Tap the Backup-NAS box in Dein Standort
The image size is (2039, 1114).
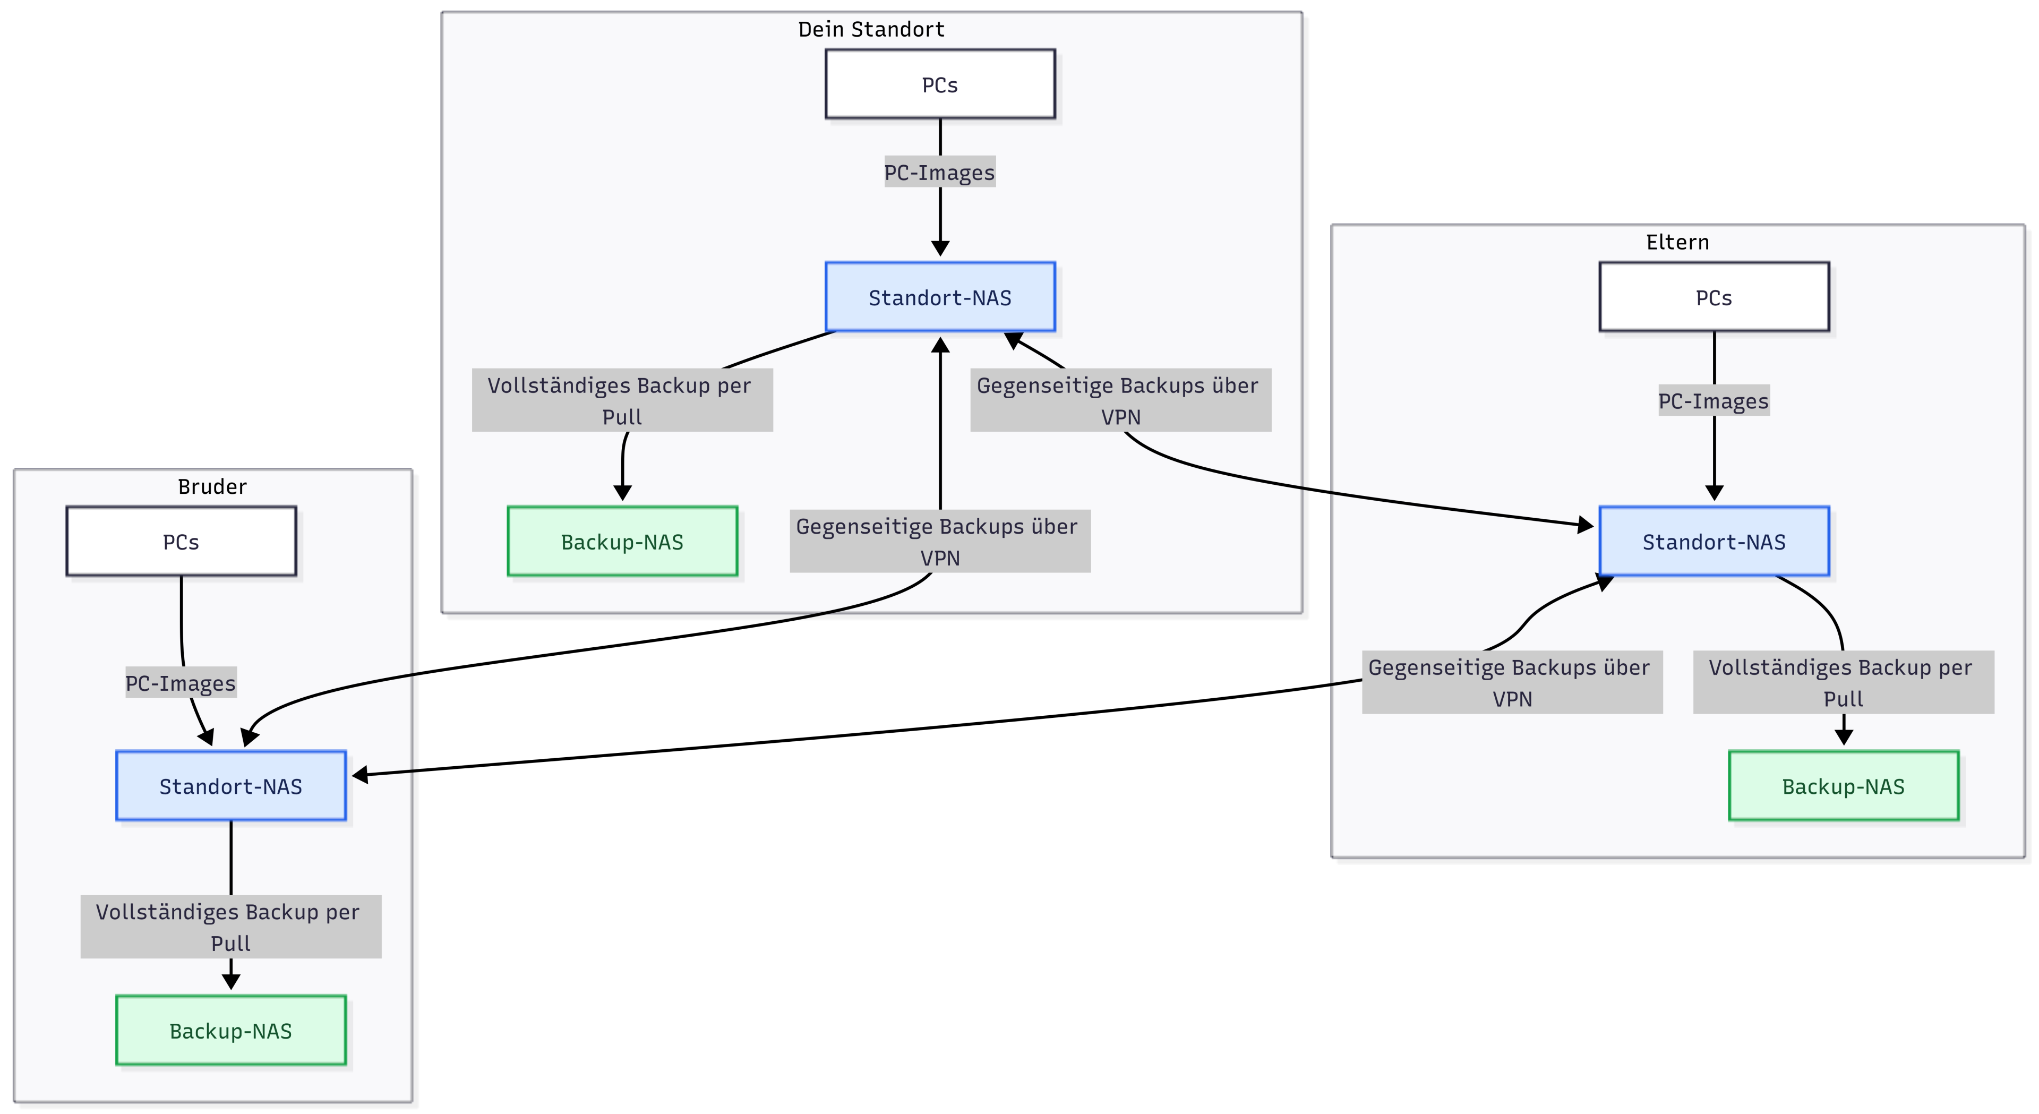click(622, 542)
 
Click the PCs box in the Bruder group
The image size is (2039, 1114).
click(181, 542)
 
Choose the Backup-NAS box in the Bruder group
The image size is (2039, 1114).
click(231, 1030)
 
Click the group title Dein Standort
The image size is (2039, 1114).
click(871, 29)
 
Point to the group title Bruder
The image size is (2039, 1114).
click(212, 486)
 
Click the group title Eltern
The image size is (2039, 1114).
click(1677, 242)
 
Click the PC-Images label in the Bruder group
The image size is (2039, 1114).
click(181, 682)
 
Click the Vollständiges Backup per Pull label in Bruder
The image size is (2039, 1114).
click(230, 927)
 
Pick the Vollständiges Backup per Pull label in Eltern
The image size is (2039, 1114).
click(1844, 682)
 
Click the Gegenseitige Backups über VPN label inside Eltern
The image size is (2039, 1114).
click(1512, 682)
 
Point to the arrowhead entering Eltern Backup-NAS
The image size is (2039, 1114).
click(1844, 737)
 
